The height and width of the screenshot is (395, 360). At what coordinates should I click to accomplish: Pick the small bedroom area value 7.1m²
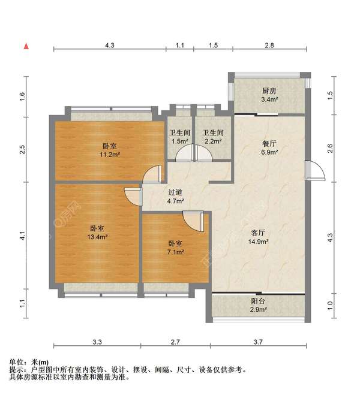(175, 252)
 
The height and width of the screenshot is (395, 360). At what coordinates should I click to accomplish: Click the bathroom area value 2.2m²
(212, 142)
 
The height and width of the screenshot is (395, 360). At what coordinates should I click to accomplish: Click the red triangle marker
(26, 46)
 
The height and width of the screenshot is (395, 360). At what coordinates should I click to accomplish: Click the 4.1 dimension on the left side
(23, 236)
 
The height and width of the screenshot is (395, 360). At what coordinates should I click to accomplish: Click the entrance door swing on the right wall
(313, 171)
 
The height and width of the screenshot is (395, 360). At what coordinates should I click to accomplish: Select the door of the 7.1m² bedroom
(194, 221)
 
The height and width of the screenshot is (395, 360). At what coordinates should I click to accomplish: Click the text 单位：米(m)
(29, 363)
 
